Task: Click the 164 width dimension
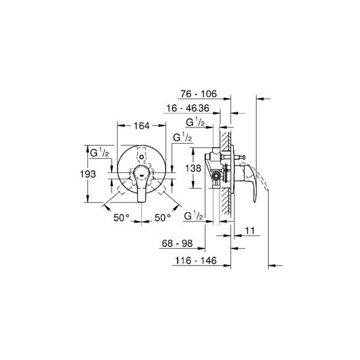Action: click(x=141, y=126)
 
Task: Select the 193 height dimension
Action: click(x=88, y=174)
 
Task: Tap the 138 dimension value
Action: click(x=193, y=168)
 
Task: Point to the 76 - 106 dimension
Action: click(x=198, y=94)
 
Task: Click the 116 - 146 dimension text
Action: click(x=196, y=261)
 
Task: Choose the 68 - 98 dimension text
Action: click(x=177, y=243)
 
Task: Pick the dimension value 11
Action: click(x=250, y=231)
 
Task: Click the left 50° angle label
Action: click(x=122, y=217)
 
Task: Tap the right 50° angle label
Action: click(x=162, y=217)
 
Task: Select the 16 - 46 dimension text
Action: click(x=182, y=108)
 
